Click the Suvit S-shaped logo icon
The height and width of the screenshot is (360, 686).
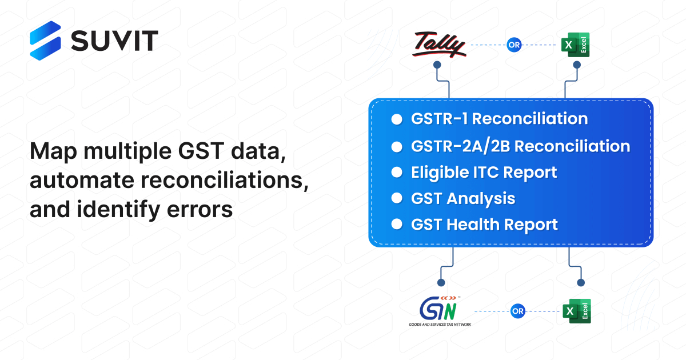point(45,40)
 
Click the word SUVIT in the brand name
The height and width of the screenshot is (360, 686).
point(114,40)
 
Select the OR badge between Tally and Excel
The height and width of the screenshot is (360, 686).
point(513,45)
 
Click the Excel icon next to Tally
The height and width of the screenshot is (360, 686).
point(575,45)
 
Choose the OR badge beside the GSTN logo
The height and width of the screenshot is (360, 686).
point(517,311)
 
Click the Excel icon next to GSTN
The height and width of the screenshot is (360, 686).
point(576,311)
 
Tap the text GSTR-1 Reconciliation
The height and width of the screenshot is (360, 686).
point(498,119)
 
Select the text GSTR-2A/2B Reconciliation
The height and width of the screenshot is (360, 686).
point(520,146)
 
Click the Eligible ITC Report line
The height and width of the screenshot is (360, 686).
point(484,172)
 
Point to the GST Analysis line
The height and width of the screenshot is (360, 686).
point(462,198)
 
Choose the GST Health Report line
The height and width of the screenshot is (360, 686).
point(484,225)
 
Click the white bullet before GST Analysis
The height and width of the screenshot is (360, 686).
point(396,198)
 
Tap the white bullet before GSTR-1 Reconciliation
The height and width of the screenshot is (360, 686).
point(396,119)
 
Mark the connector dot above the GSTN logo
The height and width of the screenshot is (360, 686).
point(440,282)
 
